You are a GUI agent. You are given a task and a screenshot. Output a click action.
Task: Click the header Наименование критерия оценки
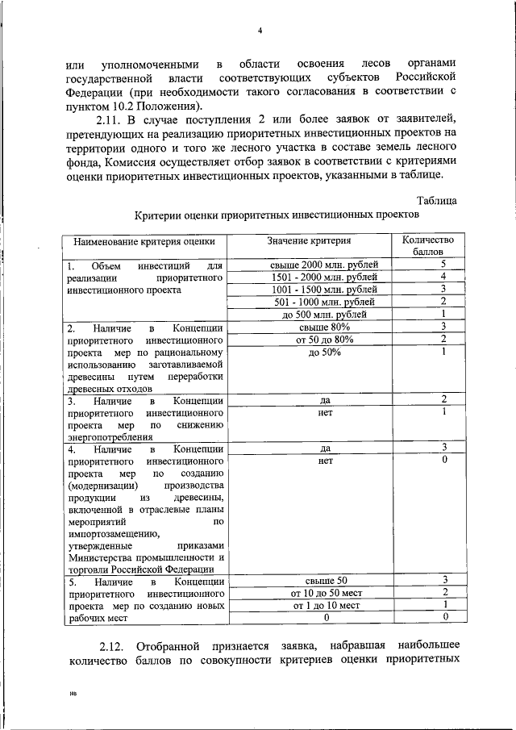[x=145, y=240]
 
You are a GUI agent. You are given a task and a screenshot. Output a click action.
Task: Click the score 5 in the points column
[x=443, y=265]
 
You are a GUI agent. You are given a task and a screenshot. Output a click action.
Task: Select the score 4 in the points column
[x=443, y=277]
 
